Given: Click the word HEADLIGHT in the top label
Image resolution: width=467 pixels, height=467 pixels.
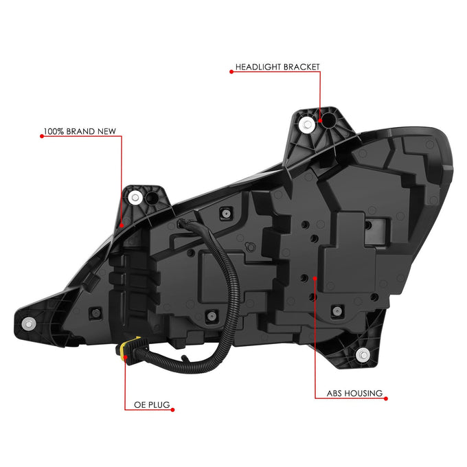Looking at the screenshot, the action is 258,67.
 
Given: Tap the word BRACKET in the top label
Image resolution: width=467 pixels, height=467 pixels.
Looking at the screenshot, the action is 301,67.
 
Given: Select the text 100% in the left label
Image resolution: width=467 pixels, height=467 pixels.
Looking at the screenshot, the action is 54,131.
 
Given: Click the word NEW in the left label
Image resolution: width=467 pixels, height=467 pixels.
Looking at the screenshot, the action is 106,131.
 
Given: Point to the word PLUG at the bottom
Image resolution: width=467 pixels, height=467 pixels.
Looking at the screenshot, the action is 159,405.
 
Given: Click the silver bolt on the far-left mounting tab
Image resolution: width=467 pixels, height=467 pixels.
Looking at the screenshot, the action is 29,323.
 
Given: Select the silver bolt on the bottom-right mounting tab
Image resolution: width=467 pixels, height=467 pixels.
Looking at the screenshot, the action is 363,355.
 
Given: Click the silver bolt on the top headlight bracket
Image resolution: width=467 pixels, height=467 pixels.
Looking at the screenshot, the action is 307,124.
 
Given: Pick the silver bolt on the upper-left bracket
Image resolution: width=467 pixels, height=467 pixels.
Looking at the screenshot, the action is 135,198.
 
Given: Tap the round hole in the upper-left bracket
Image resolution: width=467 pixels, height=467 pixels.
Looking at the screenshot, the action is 152,198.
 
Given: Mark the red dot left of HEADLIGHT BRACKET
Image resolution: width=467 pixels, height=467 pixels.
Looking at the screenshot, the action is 231,71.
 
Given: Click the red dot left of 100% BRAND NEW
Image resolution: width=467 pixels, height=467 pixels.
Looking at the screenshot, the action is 42,136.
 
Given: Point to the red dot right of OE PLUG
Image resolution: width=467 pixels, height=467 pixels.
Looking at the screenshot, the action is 172,410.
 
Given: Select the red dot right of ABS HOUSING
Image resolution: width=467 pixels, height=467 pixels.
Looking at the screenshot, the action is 386,398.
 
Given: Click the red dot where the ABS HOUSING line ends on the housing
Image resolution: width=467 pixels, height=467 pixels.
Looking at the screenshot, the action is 315,278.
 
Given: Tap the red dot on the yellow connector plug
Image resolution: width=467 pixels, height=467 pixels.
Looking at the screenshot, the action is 126,357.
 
